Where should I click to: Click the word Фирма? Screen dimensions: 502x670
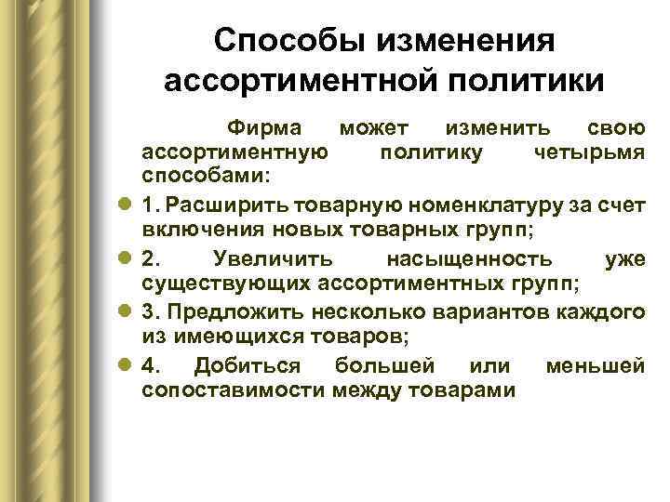tap(271, 127)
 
